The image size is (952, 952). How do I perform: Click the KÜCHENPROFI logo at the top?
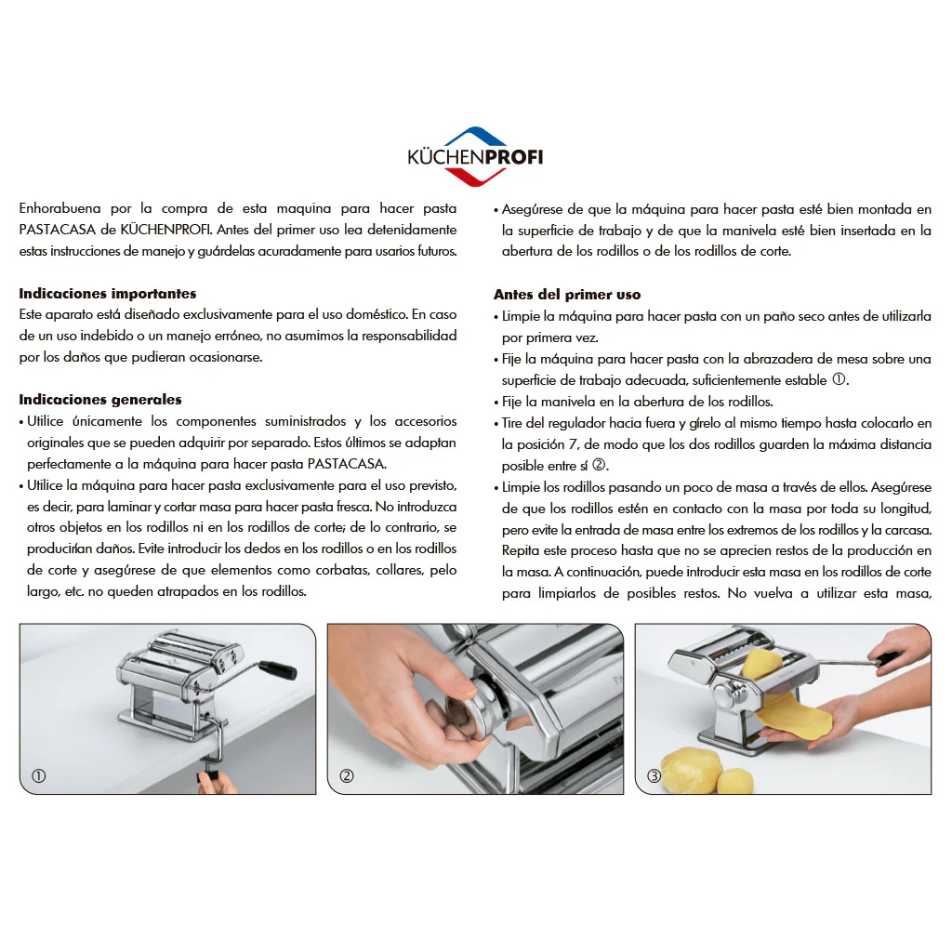click(x=475, y=156)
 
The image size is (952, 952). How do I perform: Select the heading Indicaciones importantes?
click(x=108, y=294)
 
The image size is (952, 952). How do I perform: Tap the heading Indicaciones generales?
click(x=100, y=400)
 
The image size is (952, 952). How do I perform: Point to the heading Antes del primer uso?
click(x=567, y=295)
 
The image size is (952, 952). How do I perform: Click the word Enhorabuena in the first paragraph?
click(x=59, y=208)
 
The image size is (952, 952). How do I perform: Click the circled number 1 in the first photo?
click(x=39, y=776)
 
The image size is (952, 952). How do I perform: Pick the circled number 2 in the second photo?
click(x=347, y=776)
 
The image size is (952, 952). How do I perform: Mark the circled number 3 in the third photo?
click(x=654, y=776)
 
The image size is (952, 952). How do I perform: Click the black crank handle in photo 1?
click(x=278, y=670)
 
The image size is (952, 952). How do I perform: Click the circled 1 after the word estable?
click(x=839, y=379)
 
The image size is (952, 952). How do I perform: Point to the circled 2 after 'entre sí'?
click(x=599, y=465)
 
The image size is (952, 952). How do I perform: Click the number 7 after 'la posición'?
click(x=573, y=444)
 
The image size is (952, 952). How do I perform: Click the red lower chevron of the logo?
click(x=475, y=177)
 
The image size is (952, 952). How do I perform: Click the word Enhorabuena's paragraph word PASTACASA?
click(x=58, y=231)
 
